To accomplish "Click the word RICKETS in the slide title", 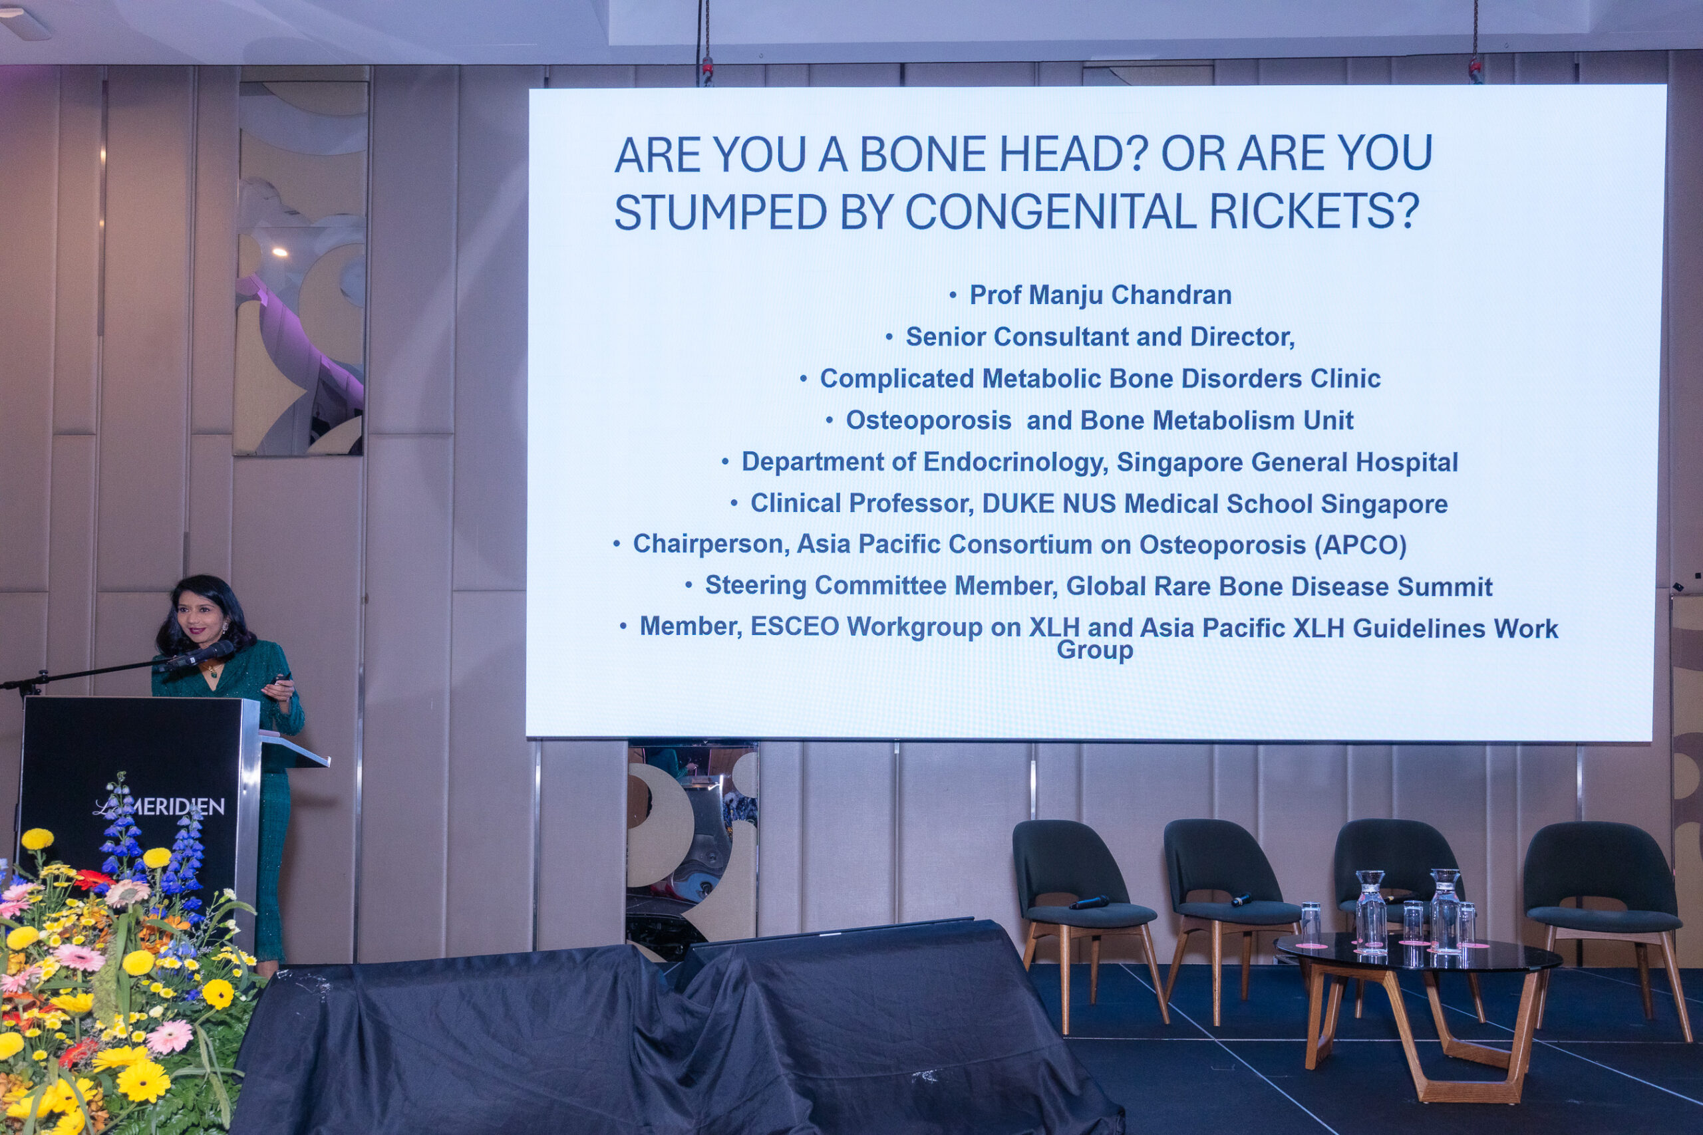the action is tap(1313, 211).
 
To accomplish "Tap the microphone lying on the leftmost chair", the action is tap(1089, 903).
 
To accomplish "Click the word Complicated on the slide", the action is tap(897, 378).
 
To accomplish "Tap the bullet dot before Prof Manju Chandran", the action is tap(953, 295).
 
